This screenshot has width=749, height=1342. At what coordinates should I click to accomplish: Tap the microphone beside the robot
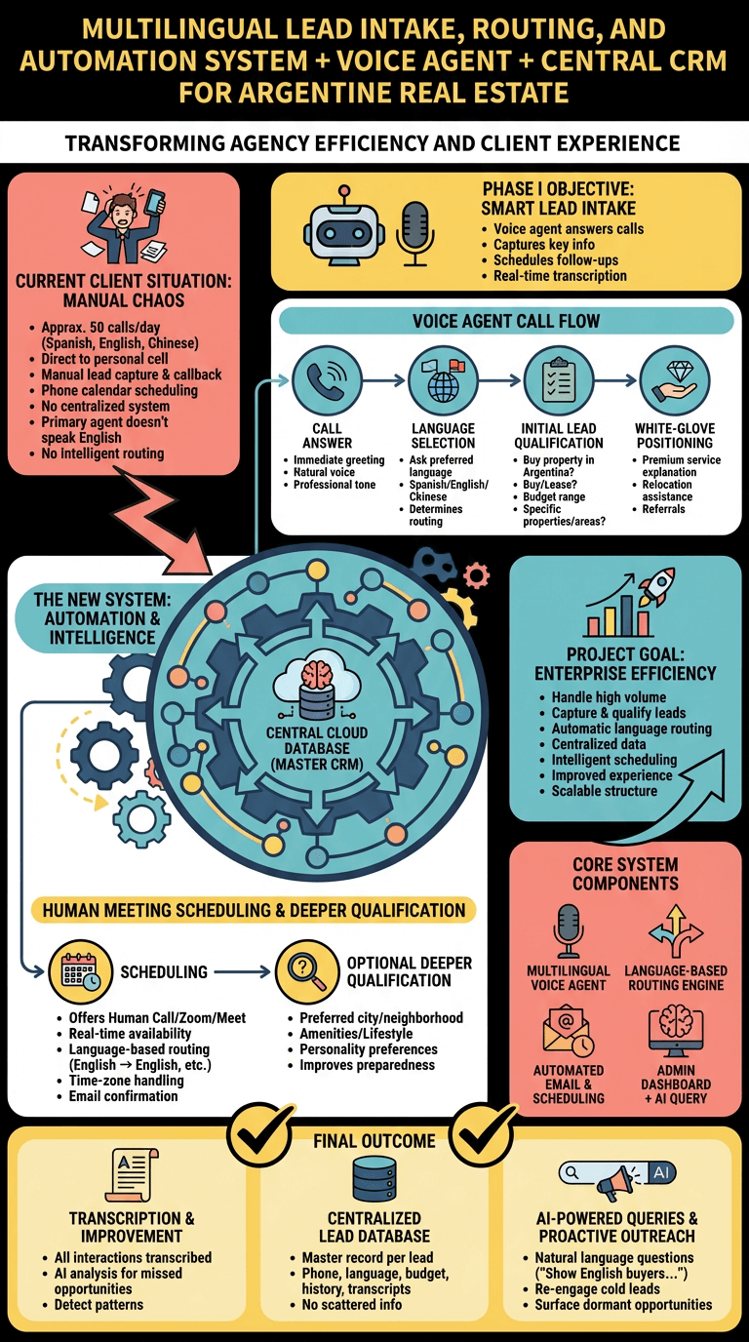click(x=414, y=233)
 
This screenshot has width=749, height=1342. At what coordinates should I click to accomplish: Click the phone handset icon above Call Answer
click(x=327, y=379)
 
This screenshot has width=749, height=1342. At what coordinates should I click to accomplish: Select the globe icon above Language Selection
click(x=443, y=379)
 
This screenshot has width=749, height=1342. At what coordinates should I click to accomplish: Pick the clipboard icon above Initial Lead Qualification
click(x=559, y=379)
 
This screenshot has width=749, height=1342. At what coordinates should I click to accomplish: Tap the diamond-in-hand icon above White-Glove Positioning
click(x=675, y=379)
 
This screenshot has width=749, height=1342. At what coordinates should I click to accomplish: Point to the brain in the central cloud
click(x=316, y=673)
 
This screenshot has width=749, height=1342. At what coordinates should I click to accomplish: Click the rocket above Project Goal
click(x=656, y=586)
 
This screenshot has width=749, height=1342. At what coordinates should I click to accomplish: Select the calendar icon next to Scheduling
click(x=80, y=971)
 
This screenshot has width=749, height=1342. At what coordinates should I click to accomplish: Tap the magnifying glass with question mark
click(x=307, y=971)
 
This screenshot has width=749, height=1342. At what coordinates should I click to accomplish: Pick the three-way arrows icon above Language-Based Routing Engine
click(x=676, y=931)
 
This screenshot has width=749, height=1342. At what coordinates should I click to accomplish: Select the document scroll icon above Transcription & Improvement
click(x=132, y=1175)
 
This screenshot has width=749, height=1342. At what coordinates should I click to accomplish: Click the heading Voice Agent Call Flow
click(x=506, y=321)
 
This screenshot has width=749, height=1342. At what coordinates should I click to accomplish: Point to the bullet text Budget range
click(x=554, y=496)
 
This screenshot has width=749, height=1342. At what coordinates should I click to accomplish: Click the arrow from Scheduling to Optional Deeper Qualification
click(x=242, y=971)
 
